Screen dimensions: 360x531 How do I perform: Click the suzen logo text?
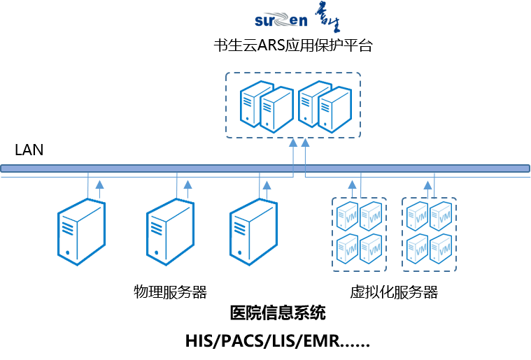tap(281, 21)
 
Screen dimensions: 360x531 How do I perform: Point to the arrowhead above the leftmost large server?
tap(99, 185)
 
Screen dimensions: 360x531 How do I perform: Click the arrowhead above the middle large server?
tap(187, 185)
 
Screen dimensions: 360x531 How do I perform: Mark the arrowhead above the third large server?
tap(267, 185)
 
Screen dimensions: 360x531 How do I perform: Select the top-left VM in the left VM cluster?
tap(347, 215)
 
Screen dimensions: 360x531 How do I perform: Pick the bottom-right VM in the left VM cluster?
tap(371, 249)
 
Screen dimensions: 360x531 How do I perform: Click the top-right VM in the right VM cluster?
tap(441, 215)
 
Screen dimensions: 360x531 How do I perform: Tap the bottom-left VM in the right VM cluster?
tap(417, 249)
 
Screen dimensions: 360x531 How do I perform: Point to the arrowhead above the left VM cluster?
tap(353, 185)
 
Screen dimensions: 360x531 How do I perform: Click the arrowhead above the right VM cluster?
tap(428, 185)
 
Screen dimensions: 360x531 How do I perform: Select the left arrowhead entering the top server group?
tap(294, 143)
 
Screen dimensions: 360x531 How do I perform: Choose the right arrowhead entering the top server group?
tap(305, 143)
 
